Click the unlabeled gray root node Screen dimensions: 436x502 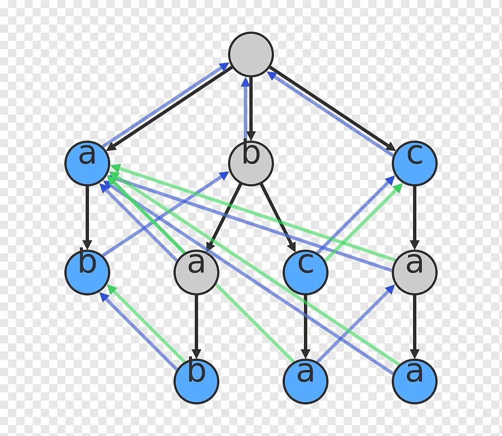(250, 54)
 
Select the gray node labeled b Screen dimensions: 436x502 (250, 163)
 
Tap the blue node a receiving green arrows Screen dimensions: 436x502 (87, 163)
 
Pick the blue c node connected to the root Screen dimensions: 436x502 (414, 163)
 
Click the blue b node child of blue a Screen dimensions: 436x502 (87, 272)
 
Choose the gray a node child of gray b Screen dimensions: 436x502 (196, 272)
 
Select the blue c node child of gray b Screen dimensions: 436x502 (306, 272)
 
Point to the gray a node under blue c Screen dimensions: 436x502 (414, 272)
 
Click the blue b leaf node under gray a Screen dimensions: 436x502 (196, 380)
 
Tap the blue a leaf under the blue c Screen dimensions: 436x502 (306, 380)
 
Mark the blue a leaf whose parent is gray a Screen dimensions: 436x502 (414, 380)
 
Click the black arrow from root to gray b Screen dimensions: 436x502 (252, 109)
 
